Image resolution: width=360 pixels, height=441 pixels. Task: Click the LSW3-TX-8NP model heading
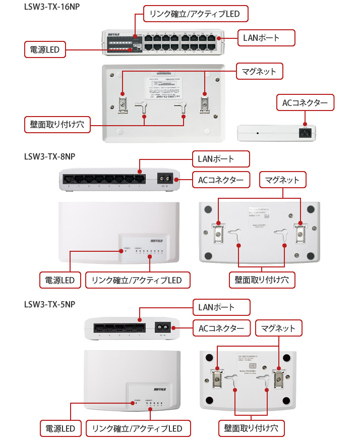(x=49, y=156)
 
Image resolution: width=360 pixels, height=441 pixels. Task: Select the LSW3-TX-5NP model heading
(x=49, y=304)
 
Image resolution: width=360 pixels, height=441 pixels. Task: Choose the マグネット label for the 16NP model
(x=259, y=71)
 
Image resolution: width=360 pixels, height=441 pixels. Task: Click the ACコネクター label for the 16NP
(x=305, y=103)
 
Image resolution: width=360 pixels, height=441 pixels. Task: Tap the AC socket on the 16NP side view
(x=304, y=133)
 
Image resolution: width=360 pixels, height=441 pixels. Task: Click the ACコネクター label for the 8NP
(x=221, y=179)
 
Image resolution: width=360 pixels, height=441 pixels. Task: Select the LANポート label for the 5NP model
(x=221, y=307)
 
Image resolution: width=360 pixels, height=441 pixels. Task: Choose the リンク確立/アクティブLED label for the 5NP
(x=138, y=428)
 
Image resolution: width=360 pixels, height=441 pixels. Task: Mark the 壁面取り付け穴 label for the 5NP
(x=251, y=428)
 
